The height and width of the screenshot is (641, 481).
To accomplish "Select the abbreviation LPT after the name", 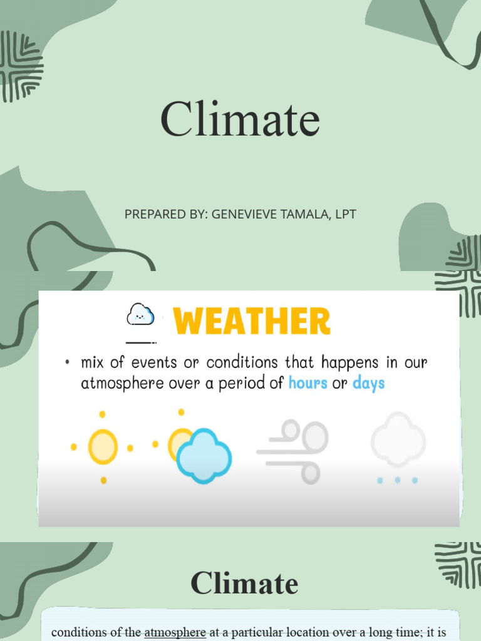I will point(345,214).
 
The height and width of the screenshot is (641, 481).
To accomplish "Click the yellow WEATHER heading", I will point(252,322).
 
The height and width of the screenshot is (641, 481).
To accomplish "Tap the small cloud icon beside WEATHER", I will point(140,314).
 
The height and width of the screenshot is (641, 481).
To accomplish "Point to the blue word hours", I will point(308,383).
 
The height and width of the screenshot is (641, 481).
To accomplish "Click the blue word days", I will point(368,383).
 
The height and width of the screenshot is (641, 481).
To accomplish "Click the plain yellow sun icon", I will point(103,447).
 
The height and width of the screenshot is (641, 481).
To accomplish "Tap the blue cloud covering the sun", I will point(204,456).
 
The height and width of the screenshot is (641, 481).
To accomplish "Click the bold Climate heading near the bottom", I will point(244,583).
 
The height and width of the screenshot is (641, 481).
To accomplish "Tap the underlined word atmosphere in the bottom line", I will point(175,632).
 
